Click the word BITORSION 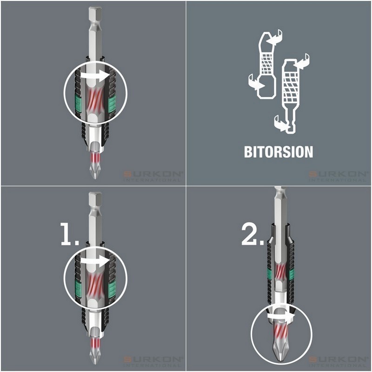coord(279,152)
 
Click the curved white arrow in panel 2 coord(278,316)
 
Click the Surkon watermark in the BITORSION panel coord(338,175)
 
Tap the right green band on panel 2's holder coord(292,274)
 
